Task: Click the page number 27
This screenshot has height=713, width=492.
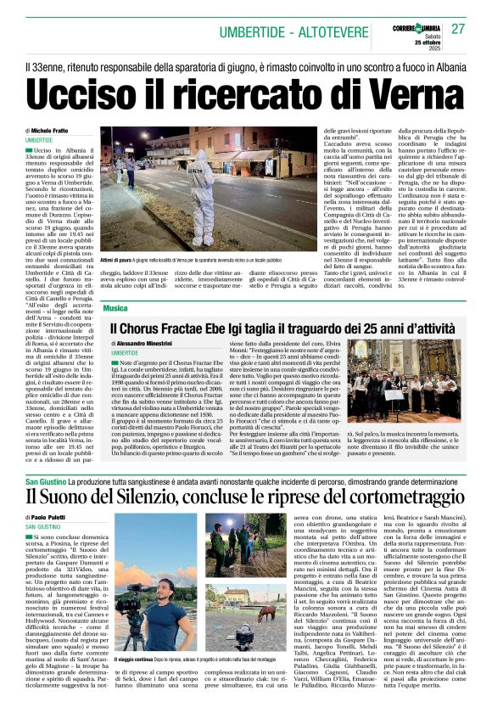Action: [458, 29]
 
